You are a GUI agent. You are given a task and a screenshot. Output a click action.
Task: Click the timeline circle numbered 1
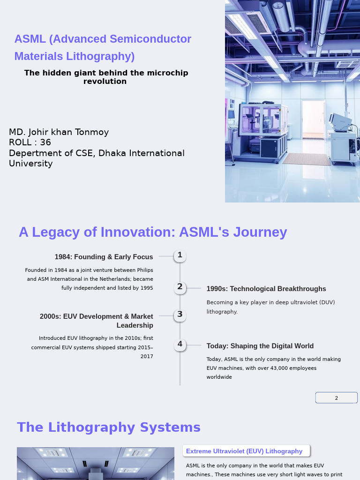(x=180, y=255)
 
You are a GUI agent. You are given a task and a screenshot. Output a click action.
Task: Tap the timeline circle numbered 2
(x=180, y=287)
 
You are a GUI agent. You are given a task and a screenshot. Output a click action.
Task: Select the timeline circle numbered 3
(x=180, y=315)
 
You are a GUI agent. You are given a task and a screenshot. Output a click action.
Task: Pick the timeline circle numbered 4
(x=180, y=345)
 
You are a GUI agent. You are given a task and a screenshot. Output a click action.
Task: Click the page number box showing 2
(x=336, y=398)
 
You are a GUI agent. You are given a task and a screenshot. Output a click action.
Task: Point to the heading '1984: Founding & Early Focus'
(x=104, y=257)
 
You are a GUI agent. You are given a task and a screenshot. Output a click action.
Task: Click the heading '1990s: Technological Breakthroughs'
(x=266, y=289)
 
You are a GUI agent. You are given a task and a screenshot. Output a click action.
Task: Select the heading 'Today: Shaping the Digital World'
(x=260, y=346)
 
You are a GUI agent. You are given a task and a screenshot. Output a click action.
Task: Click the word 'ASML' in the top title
(x=30, y=39)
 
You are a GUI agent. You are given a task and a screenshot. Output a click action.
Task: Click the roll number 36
(x=45, y=142)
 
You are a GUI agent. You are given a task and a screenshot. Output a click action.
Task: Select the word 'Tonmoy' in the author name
(x=92, y=132)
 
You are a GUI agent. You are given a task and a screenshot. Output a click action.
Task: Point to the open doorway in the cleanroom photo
(x=314, y=120)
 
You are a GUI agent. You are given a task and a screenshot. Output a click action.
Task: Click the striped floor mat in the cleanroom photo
(x=307, y=158)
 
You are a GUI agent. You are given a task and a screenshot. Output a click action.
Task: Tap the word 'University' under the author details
(x=30, y=164)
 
